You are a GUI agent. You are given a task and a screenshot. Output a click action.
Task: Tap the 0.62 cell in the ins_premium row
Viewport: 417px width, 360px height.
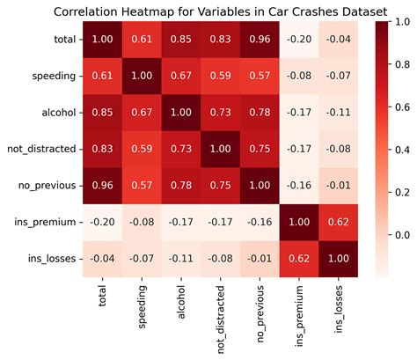point(338,224)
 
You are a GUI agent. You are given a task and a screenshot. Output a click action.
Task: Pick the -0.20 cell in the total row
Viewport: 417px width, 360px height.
point(298,39)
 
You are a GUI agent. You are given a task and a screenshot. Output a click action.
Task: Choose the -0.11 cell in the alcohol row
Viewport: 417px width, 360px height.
point(338,113)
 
